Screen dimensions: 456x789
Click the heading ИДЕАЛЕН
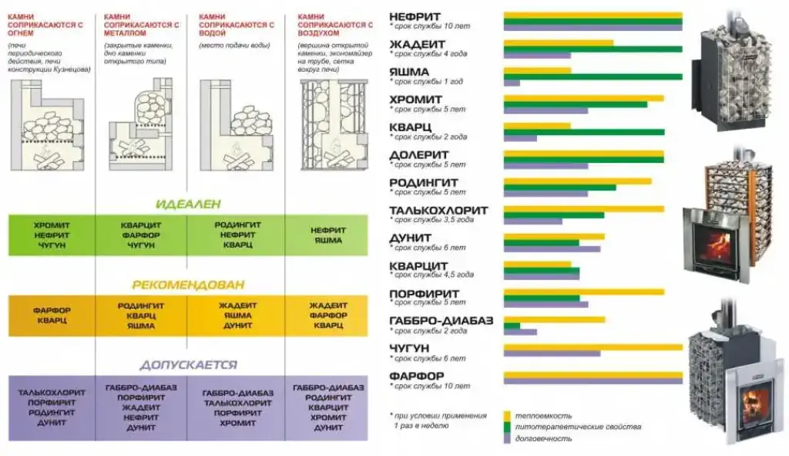coord(188,204)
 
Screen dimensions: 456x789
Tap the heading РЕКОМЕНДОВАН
coord(188,284)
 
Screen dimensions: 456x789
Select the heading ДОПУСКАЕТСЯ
coord(188,364)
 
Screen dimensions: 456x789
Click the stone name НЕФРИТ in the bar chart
coord(415,15)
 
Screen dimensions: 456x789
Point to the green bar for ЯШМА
coord(593,76)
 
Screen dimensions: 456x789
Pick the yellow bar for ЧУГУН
coord(593,347)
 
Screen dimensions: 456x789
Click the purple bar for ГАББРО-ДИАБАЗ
coord(520,332)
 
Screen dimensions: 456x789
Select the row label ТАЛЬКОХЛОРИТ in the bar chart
coord(438,210)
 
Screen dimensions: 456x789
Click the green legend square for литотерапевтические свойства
coord(508,427)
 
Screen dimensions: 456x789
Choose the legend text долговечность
coord(545,438)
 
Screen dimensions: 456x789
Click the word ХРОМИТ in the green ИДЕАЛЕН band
coord(52,225)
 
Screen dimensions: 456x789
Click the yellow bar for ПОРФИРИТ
coord(583,292)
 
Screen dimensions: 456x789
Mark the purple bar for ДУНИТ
coord(551,248)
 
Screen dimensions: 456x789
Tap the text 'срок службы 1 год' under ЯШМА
coord(429,82)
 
